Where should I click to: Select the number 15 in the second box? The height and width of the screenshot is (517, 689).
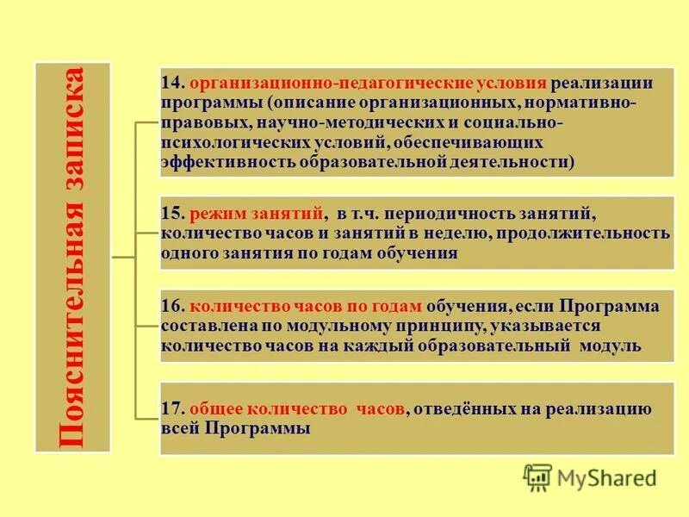click(170, 214)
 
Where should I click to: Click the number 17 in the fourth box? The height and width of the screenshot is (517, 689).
click(170, 410)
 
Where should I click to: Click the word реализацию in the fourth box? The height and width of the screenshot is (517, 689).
click(609, 410)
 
